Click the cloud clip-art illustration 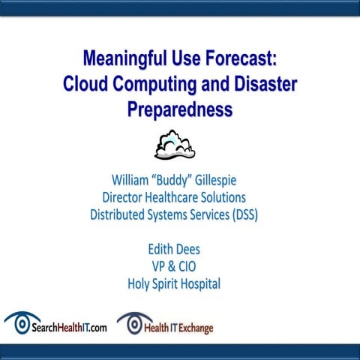(x=174, y=145)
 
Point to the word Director (x=127, y=197)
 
